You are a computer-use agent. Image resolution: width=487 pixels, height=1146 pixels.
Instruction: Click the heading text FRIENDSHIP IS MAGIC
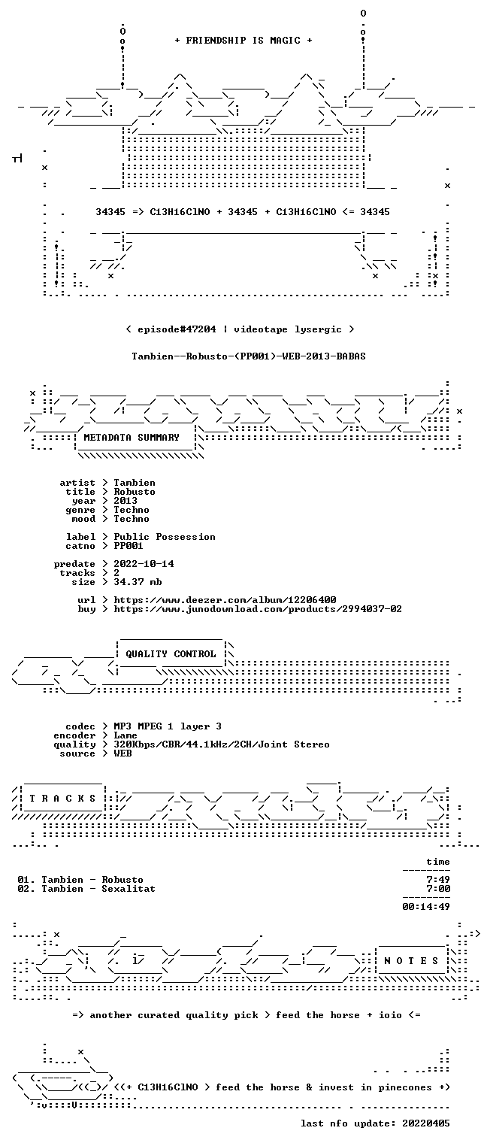243,41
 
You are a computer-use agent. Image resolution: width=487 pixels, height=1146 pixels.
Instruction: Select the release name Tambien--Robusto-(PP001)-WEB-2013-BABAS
249,356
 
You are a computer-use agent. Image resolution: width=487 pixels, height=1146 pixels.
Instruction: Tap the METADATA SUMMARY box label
132,438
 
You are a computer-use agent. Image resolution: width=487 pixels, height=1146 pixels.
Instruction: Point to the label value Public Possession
164,537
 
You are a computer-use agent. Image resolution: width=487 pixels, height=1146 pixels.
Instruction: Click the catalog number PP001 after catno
129,546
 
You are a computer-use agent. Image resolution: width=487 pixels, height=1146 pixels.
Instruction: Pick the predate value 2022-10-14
144,564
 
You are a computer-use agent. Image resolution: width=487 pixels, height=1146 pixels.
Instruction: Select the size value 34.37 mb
138,582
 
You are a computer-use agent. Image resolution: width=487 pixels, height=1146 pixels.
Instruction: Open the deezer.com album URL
225,599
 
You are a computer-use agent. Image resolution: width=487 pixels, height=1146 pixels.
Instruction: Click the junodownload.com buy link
258,609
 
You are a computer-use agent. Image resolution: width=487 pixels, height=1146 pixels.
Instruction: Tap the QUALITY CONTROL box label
171,653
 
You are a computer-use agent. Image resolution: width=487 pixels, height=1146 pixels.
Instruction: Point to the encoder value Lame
126,735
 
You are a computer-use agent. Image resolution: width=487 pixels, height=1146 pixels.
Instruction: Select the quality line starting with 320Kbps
222,744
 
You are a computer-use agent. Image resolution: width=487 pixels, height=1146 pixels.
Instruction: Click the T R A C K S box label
63,799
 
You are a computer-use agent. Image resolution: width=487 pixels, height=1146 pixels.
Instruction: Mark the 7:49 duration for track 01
438,880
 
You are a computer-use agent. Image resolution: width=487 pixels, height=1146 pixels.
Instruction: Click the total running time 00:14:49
426,907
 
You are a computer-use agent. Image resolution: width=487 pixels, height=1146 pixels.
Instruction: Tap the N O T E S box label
411,961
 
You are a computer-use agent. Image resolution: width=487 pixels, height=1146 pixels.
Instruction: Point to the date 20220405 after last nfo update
426,1123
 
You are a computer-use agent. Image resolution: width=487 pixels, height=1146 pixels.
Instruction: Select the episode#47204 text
177,329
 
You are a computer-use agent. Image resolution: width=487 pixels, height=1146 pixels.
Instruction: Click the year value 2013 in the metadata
126,501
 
